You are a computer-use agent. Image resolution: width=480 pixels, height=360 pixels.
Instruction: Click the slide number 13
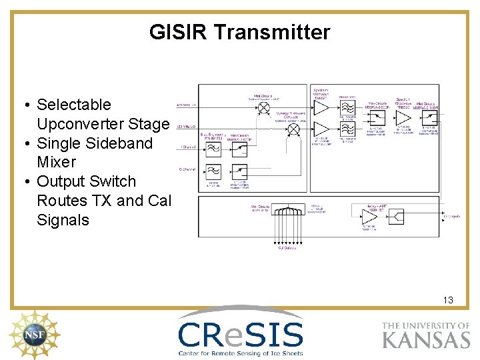click(448, 300)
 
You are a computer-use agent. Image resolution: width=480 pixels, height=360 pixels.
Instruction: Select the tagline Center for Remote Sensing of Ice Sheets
click(241, 353)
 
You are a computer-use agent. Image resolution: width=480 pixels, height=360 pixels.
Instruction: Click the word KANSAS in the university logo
click(426, 339)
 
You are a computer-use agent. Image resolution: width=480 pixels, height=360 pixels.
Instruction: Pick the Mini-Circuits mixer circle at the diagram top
click(264, 107)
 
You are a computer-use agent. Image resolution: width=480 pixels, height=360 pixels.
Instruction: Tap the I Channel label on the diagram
click(186, 145)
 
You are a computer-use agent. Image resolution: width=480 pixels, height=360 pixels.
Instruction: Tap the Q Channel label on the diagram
click(186, 169)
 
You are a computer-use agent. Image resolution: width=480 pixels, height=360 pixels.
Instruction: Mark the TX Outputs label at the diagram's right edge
click(452, 217)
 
